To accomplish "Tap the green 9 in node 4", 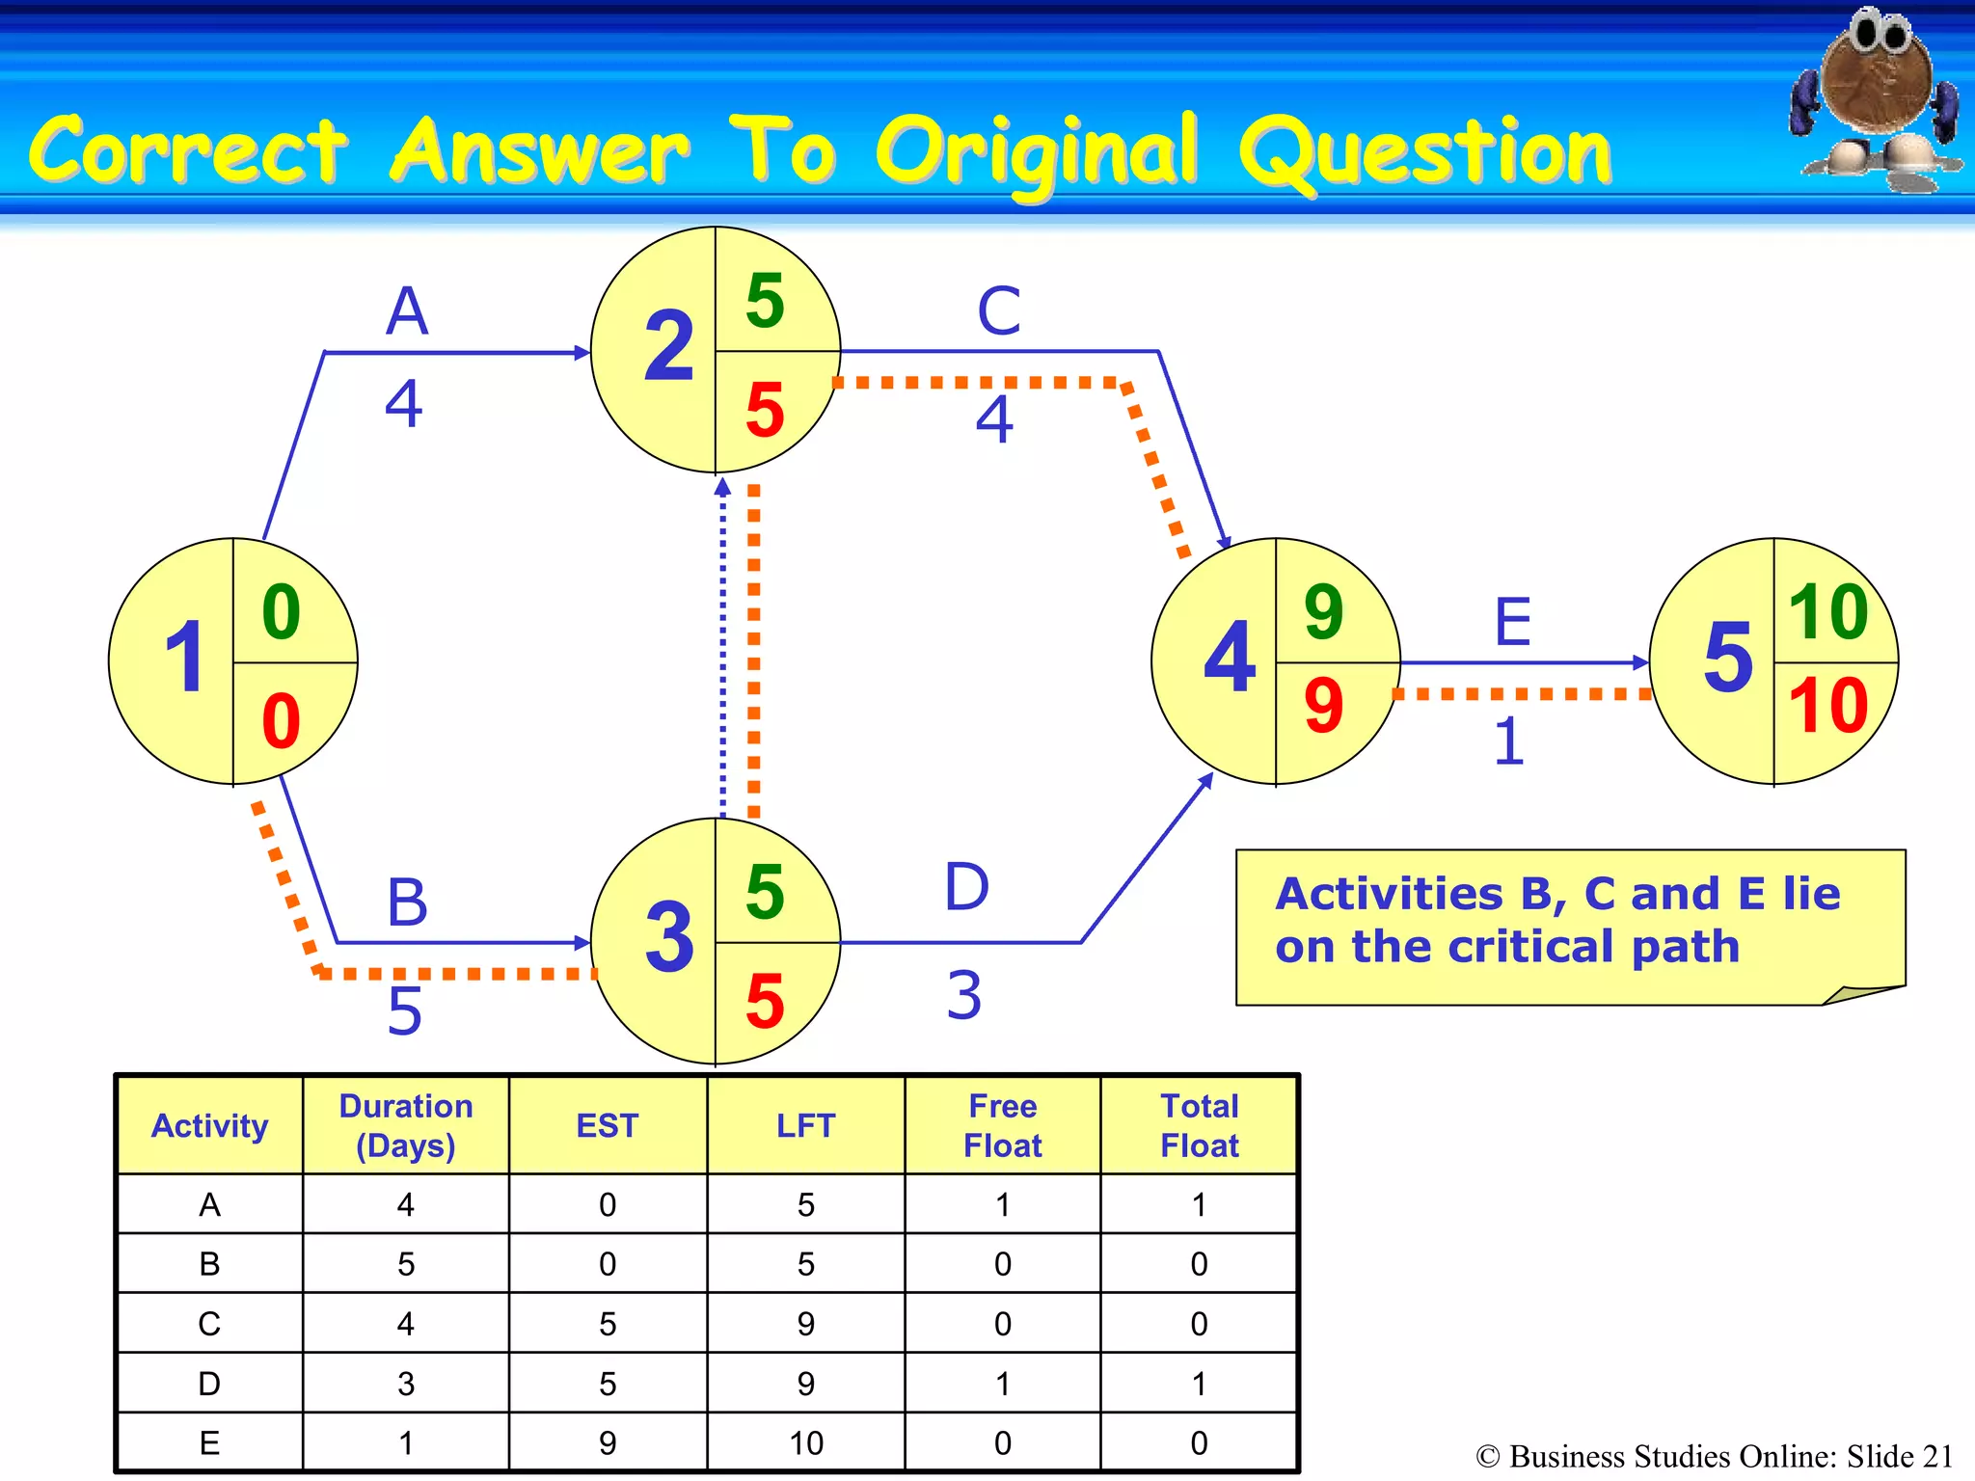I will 1323,611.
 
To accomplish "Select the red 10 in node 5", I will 1828,706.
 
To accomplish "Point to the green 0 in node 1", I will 281,611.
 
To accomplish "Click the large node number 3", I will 668,936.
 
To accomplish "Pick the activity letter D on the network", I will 966,887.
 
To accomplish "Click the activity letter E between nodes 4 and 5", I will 1512,622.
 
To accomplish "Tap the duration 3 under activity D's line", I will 963,995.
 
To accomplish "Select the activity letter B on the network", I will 406,902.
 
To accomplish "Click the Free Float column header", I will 1002,1125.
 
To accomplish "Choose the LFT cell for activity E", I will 805,1443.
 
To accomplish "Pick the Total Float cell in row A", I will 1199,1205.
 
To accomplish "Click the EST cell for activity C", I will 607,1324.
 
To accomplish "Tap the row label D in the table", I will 209,1384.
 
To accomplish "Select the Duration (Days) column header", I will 405,1125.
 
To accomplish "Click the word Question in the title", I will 1425,152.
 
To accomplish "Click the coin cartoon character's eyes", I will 1879,35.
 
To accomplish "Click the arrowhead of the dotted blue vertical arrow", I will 722,487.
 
